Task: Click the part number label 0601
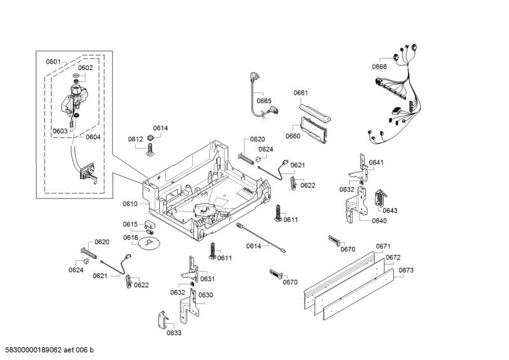[53, 62]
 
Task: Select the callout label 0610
[130, 204]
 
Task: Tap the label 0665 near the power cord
[264, 100]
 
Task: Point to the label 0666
[379, 67]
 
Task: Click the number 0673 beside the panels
[406, 270]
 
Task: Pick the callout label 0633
[174, 333]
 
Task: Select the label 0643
[389, 211]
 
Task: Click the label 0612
[135, 139]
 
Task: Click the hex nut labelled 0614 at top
[151, 138]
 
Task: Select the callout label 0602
[85, 67]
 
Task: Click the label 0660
[293, 136]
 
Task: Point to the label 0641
[377, 163]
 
